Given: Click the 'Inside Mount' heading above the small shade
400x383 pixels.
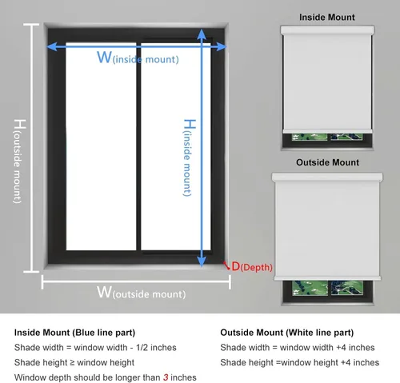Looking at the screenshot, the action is [327, 18].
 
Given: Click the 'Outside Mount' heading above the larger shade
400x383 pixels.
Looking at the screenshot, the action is [327, 162].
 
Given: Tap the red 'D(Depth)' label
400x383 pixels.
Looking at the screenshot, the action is [252, 266].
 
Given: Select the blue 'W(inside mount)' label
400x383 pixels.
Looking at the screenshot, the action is [138, 58].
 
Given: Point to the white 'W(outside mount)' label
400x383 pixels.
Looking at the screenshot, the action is [141, 293].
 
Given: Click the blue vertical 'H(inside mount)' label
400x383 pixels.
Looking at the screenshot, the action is [190, 158].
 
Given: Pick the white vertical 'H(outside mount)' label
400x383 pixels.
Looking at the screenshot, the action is [19, 162].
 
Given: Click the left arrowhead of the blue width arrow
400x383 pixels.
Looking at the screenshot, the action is [52, 46].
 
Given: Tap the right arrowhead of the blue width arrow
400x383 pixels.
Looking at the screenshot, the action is [222, 46].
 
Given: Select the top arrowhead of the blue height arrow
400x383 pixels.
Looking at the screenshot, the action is [202, 34].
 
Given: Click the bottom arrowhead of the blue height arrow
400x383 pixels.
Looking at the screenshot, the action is [202, 261].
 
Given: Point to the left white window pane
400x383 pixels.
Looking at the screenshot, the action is [101, 146].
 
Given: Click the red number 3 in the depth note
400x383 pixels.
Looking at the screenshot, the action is [166, 377].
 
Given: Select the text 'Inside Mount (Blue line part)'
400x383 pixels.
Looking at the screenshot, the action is [74, 333].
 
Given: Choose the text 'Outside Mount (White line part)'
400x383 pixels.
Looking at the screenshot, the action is [287, 333].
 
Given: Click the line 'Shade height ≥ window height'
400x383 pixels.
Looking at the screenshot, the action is [74, 362].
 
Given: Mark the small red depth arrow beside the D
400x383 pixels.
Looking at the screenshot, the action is [226, 265].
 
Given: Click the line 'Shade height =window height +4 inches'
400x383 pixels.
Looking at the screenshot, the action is [300, 362].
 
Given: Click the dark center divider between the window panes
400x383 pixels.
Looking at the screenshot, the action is [138, 146].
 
